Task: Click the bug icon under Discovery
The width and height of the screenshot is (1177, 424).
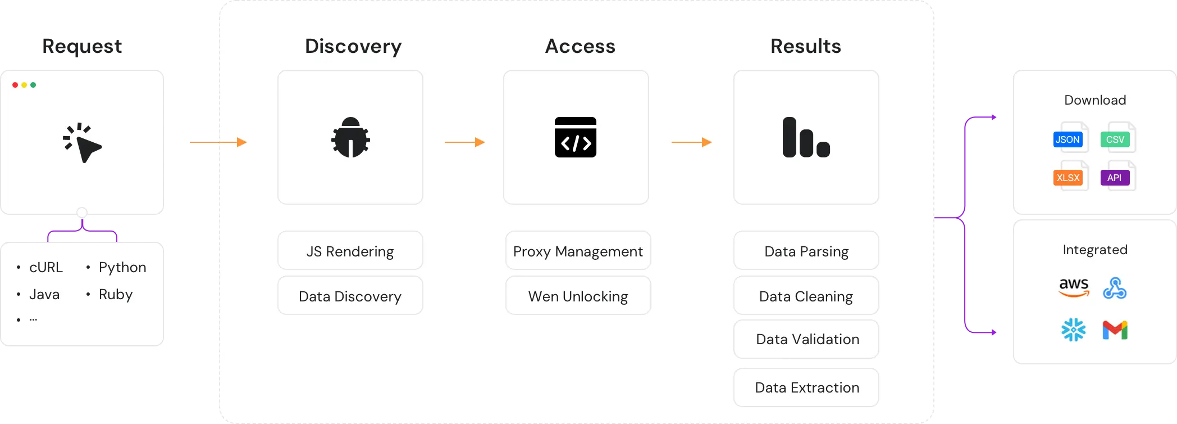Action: [350, 137]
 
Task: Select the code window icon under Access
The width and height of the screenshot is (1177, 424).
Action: [576, 137]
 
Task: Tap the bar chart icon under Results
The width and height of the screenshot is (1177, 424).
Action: [806, 137]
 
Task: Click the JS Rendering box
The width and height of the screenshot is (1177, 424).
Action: [350, 251]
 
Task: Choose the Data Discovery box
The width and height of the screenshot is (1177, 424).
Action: [350, 296]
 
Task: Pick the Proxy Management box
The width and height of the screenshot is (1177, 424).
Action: [578, 251]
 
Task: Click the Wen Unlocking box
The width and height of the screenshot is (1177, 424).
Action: [578, 296]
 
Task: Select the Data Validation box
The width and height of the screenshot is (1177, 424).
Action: [806, 339]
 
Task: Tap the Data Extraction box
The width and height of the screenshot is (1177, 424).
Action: [806, 387]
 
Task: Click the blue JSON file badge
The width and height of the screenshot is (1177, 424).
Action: [1067, 139]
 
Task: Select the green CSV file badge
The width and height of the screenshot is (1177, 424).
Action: [1115, 139]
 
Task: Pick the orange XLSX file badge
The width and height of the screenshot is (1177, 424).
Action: [1067, 178]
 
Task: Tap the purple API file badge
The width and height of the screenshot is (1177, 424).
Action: [1115, 178]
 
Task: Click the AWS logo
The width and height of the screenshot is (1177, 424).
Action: [1074, 287]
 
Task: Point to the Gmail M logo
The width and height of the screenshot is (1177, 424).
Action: [1115, 330]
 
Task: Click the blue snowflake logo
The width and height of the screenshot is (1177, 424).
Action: [1074, 330]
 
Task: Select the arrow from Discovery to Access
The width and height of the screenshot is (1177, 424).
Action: [464, 142]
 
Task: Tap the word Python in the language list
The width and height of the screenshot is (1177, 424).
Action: [122, 267]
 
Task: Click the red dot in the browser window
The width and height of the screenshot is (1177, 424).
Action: [15, 85]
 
